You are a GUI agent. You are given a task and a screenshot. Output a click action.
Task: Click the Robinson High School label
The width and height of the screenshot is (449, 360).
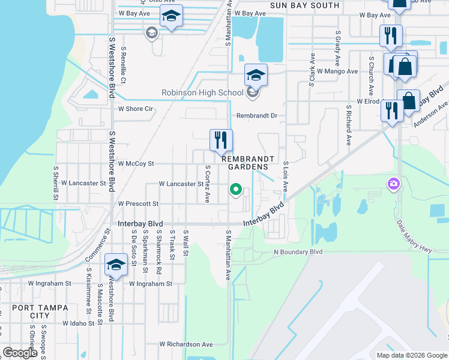(x=202, y=92)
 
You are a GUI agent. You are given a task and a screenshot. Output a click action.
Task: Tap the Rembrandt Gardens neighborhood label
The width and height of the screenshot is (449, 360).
(x=248, y=163)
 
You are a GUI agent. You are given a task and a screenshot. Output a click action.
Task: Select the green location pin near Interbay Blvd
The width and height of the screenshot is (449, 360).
(x=236, y=190)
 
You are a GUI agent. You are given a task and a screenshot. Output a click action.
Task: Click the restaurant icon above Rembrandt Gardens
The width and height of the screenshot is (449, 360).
(x=220, y=140)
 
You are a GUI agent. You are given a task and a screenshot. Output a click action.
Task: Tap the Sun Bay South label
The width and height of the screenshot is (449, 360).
(x=304, y=5)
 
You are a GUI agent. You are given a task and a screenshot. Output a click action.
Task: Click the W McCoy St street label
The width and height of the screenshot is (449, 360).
(x=136, y=163)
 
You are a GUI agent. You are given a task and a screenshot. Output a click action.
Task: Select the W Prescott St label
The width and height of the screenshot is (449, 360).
(x=138, y=204)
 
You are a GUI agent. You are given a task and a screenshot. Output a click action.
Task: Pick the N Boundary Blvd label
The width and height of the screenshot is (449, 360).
(x=298, y=252)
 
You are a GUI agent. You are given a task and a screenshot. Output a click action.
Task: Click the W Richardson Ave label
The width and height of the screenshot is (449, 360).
(x=186, y=344)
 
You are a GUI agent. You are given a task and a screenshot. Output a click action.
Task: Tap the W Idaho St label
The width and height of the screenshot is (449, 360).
(x=79, y=323)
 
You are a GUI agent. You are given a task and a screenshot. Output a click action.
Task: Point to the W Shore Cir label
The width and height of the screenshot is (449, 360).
(x=136, y=109)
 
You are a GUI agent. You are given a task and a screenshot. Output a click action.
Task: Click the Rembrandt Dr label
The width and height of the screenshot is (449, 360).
(x=259, y=115)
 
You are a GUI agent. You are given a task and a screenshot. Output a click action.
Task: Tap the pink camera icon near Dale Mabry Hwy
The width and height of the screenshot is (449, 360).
(x=394, y=183)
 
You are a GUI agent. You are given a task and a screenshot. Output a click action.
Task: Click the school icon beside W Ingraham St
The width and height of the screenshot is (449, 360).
(x=116, y=265)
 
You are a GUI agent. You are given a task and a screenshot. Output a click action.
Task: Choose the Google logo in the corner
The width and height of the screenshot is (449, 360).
(x=20, y=353)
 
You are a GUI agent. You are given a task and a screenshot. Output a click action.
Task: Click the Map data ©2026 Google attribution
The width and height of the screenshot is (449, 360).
(x=411, y=355)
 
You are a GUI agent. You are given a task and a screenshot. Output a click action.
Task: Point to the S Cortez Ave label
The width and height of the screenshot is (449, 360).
(x=208, y=184)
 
